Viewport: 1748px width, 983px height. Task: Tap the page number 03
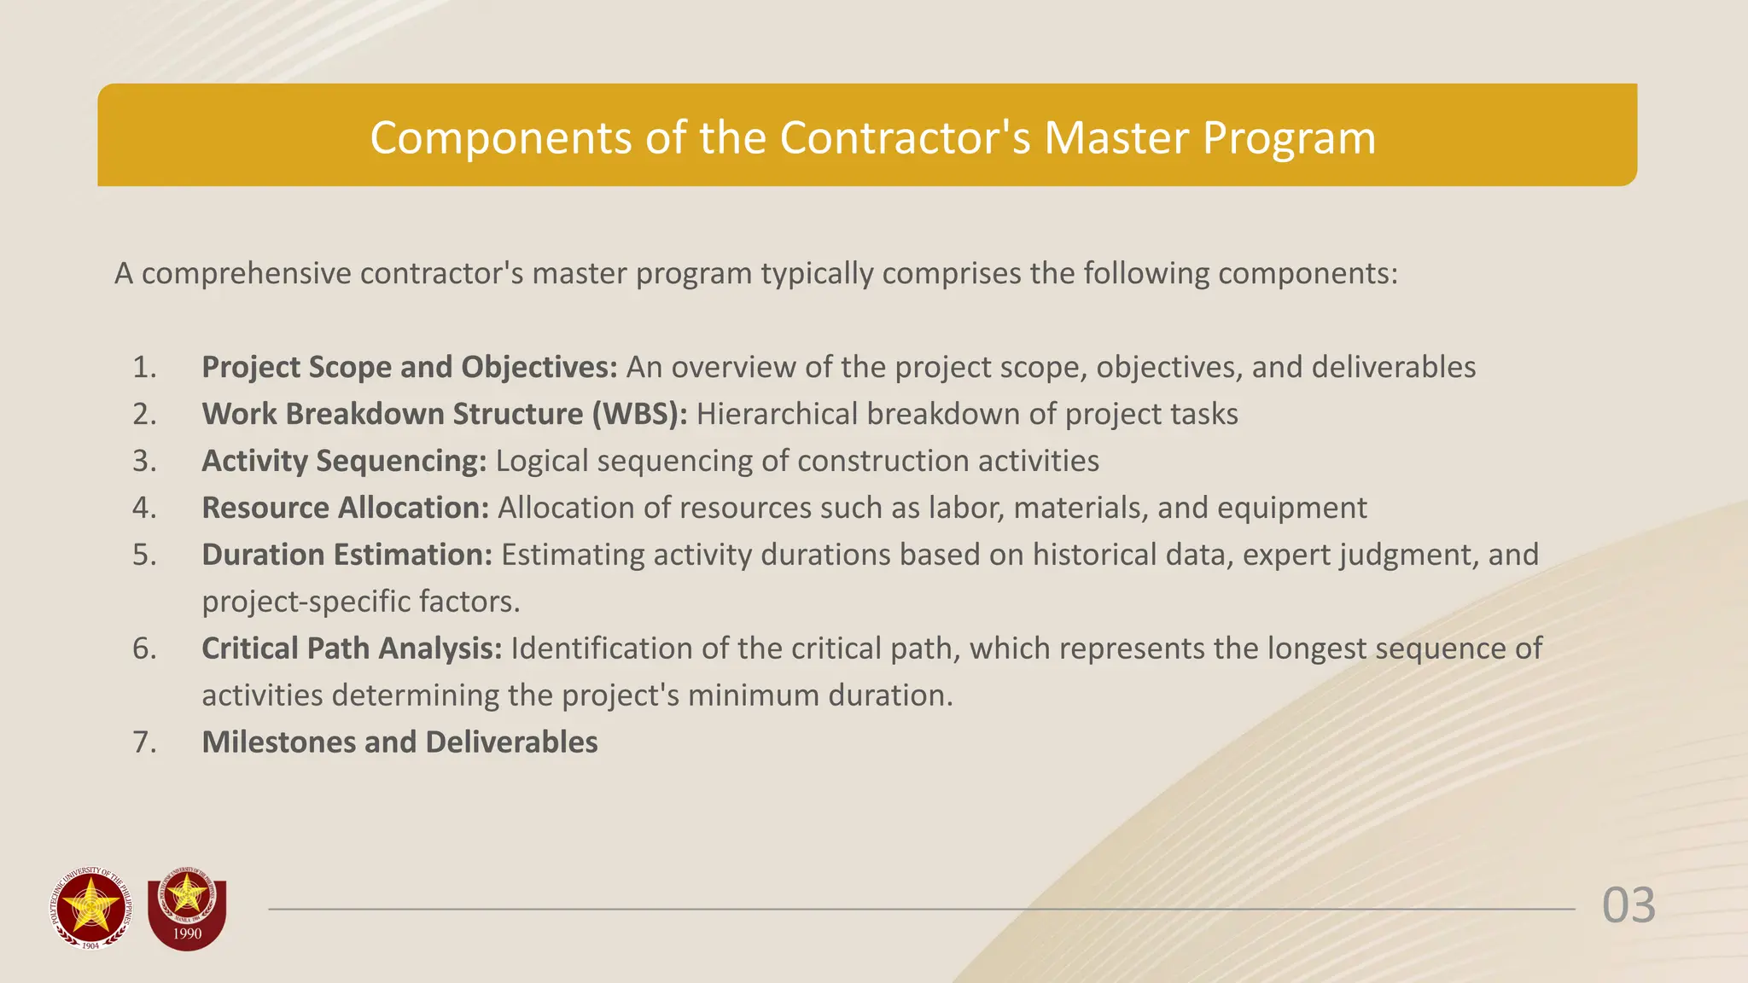click(1629, 906)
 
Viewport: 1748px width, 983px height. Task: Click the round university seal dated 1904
click(90, 909)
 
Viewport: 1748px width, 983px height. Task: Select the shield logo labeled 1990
click(187, 913)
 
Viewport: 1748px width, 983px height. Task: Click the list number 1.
click(144, 368)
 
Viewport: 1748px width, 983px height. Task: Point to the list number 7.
click(144, 743)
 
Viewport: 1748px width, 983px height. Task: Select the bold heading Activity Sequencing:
click(344, 462)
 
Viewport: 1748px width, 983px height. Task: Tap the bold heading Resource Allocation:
click(345, 509)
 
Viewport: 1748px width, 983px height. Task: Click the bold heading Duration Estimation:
click(347, 555)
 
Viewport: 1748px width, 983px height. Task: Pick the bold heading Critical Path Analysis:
click(352, 649)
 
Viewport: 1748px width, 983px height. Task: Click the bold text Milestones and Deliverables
click(399, 743)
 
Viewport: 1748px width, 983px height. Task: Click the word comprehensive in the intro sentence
click(246, 274)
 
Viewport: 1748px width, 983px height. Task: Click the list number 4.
click(144, 509)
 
